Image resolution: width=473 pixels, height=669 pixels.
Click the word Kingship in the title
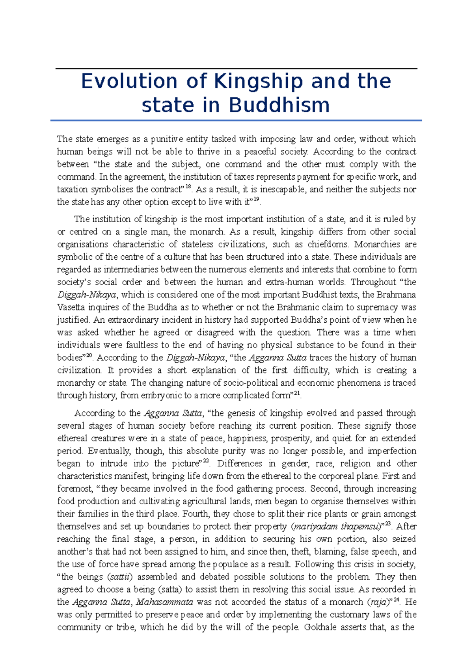(x=259, y=82)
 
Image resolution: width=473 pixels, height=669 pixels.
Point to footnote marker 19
(x=256, y=199)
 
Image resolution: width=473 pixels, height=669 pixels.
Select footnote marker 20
(x=89, y=355)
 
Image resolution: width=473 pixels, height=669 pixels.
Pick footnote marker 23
(x=388, y=524)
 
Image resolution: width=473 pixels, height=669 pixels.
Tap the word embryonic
(x=158, y=396)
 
